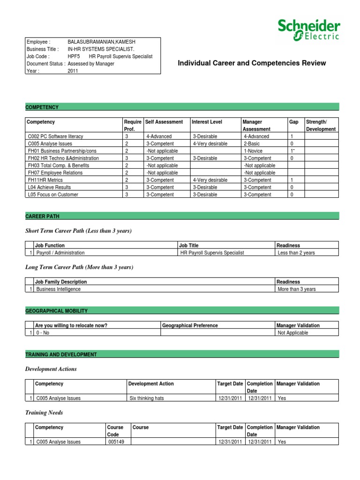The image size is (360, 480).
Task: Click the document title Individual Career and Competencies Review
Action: [x=252, y=63]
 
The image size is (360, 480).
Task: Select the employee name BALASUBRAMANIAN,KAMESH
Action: [x=101, y=42]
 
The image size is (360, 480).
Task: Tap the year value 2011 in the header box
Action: [x=73, y=71]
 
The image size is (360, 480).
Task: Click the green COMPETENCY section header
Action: [x=42, y=107]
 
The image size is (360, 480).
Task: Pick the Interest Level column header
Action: [x=207, y=122]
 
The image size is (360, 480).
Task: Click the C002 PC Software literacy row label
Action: [x=55, y=136]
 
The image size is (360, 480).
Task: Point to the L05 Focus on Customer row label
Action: [x=52, y=195]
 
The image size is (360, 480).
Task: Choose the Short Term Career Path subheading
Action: [x=78, y=231]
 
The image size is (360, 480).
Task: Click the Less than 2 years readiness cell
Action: [x=296, y=253]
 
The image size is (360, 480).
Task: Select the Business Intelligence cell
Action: [x=59, y=289]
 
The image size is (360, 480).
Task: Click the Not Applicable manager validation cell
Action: [x=293, y=333]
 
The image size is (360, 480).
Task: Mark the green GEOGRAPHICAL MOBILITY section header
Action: [x=56, y=311]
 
